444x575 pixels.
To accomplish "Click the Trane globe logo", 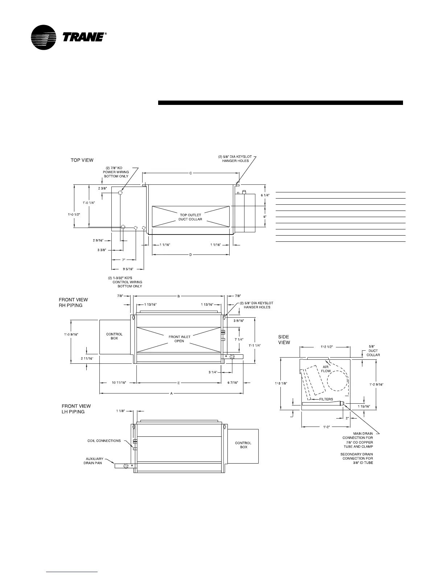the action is (x=44, y=37).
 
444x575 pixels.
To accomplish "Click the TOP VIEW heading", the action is (x=82, y=160).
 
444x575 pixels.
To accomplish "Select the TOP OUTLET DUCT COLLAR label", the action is (x=190, y=217).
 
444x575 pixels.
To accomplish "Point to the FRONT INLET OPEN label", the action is (x=179, y=339).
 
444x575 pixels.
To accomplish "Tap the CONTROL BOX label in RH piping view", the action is (x=114, y=336).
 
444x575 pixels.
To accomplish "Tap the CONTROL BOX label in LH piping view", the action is (x=243, y=445).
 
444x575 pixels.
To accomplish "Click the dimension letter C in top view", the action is (x=190, y=174).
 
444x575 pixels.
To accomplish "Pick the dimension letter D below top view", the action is (x=190, y=255).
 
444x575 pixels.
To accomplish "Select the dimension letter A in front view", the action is (x=171, y=393).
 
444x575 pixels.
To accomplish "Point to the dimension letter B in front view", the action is (x=178, y=296).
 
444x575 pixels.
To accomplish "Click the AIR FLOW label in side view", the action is (x=326, y=369).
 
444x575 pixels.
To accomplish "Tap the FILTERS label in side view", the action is (x=326, y=399).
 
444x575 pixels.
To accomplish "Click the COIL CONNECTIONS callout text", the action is (x=104, y=441).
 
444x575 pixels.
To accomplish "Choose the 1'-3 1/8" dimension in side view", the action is (x=281, y=383).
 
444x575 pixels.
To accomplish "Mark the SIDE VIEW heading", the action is (x=284, y=340).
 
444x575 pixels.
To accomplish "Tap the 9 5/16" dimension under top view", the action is (x=127, y=269).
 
